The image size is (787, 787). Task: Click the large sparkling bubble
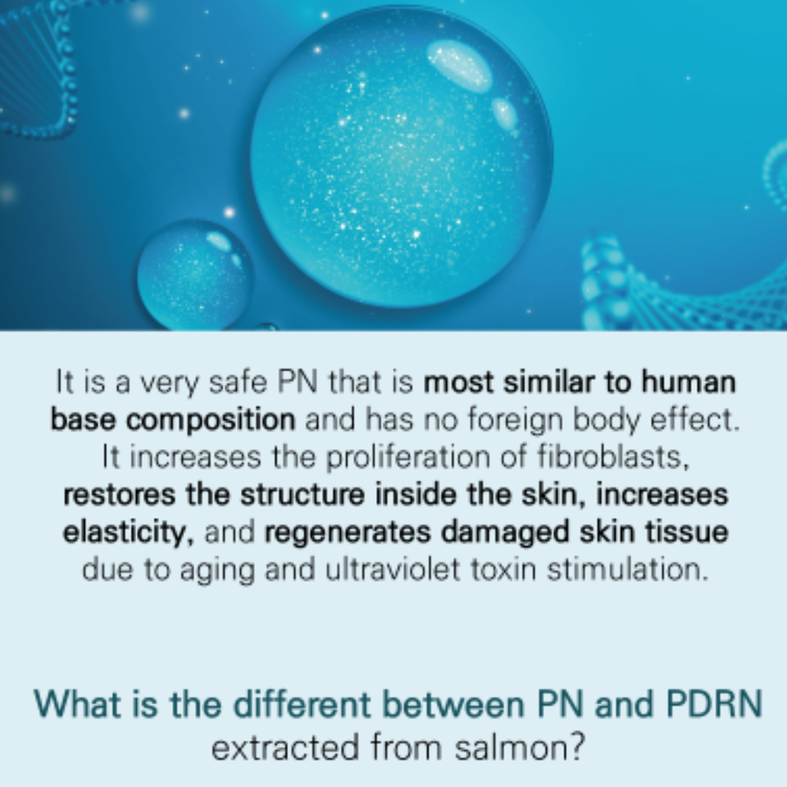click(x=402, y=157)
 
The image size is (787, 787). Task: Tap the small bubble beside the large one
click(x=195, y=275)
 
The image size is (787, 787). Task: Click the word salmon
click(x=520, y=748)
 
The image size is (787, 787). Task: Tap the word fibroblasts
click(x=613, y=457)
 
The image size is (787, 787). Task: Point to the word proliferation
click(x=408, y=457)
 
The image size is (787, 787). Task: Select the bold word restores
click(x=120, y=495)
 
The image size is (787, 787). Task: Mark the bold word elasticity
click(x=129, y=533)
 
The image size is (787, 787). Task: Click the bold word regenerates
click(x=348, y=533)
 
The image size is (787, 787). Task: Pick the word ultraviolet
click(x=393, y=569)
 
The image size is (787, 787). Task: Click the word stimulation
click(x=627, y=569)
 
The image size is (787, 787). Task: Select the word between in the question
click(x=453, y=704)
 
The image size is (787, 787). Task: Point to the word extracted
click(x=285, y=748)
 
